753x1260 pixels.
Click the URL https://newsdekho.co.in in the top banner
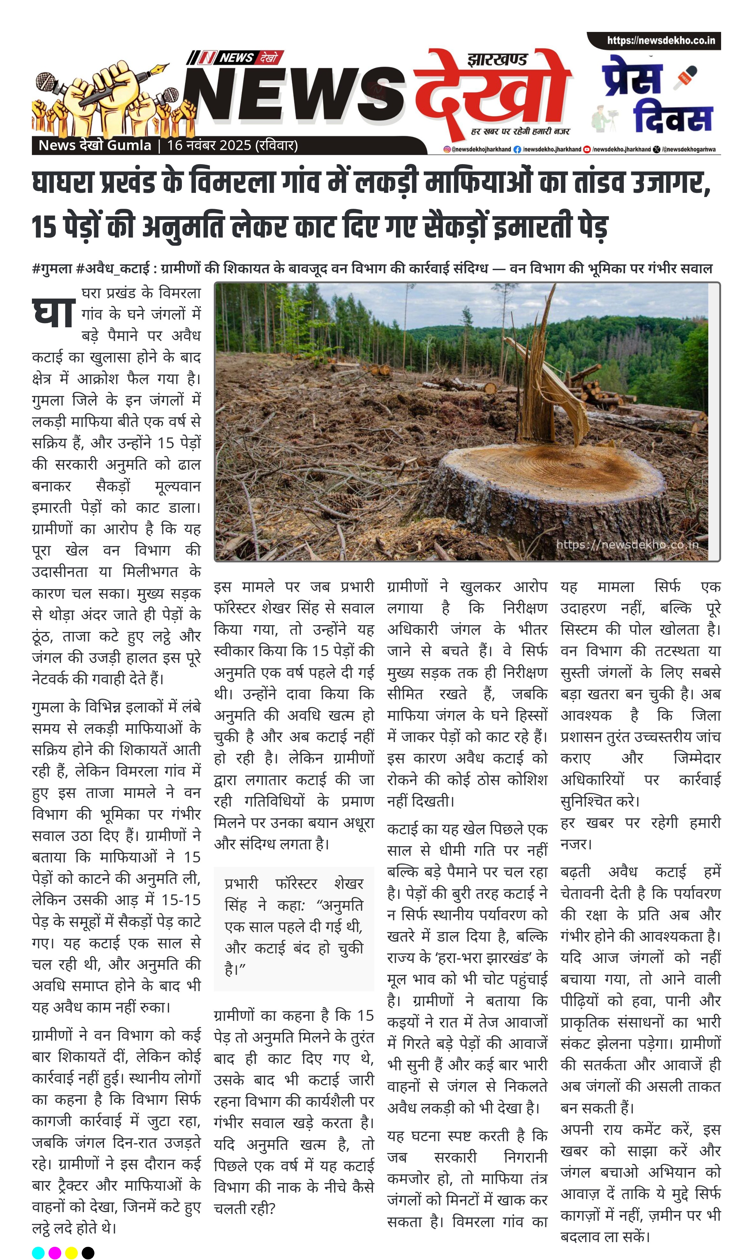661,41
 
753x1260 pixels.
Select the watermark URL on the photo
627,545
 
